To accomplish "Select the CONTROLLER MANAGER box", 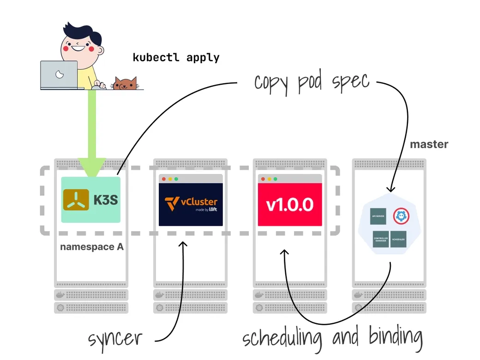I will point(380,239).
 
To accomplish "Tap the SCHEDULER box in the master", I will point(398,239).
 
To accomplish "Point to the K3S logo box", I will point(91,199).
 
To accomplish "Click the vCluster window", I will point(191,201).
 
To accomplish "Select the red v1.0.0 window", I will point(289,201).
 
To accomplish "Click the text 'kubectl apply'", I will point(176,58).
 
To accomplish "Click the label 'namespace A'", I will point(92,247).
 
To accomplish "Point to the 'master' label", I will point(429,144).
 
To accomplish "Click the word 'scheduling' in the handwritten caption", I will point(282,338).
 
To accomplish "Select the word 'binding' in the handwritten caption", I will point(396,337).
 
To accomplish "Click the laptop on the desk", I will point(59,75).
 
